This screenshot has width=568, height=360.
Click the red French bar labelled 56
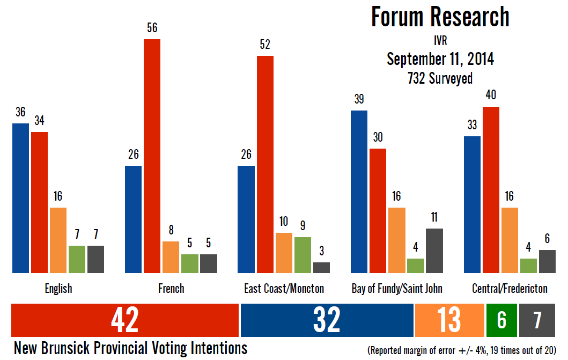click(152, 156)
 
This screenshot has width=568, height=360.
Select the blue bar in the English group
click(20, 198)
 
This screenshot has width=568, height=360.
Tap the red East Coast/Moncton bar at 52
click(265, 164)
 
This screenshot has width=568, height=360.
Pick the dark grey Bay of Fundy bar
click(434, 251)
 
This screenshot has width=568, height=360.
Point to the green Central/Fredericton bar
click(528, 266)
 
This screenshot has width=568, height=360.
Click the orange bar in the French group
click(171, 257)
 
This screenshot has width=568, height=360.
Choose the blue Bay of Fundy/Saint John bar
click(359, 192)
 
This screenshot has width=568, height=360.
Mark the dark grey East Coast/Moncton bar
click(321, 267)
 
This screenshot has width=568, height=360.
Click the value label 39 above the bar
click(359, 99)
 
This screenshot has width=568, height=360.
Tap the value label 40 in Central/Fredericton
click(491, 95)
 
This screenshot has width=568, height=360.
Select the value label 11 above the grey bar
click(434, 217)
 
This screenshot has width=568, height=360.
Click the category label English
click(58, 289)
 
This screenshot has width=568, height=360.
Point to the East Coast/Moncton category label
click(284, 289)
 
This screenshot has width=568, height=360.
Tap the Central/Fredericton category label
click(510, 289)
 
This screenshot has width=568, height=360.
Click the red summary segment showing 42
click(124, 320)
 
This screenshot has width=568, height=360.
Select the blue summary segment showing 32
click(327, 320)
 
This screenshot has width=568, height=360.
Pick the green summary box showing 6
click(501, 320)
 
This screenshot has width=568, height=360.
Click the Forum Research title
click(440, 17)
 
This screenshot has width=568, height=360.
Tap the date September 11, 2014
click(440, 59)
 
